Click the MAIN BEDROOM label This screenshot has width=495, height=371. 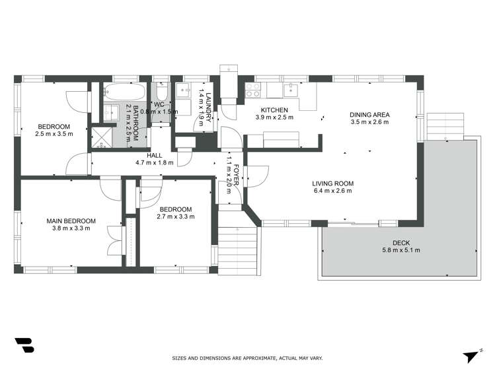tap(71, 221)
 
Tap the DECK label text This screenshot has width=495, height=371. tap(401, 243)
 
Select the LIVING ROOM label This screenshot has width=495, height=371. tap(333, 184)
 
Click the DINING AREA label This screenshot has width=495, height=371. tap(369, 114)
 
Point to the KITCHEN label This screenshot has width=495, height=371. tap(274, 110)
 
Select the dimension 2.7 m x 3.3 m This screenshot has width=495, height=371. tap(175, 217)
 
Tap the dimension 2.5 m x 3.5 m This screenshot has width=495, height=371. tap(54, 134)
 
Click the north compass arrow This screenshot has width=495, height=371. tap(470, 356)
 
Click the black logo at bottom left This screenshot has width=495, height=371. tap(24, 345)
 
